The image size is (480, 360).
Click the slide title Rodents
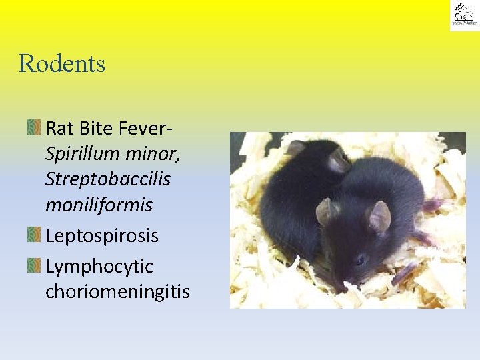[x=62, y=64]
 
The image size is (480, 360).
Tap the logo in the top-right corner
[x=463, y=15]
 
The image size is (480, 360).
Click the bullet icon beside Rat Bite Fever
[x=34, y=127]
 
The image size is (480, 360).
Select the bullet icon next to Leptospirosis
[x=34, y=235]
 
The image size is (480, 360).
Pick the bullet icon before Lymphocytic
[x=34, y=267]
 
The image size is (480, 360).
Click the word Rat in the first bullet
[x=59, y=127]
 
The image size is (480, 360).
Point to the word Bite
[x=95, y=127]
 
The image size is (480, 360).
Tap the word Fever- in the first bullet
[x=147, y=127]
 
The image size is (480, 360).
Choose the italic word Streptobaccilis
[x=108, y=179]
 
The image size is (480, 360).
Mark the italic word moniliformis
[x=99, y=205]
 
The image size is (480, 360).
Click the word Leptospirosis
[x=102, y=236]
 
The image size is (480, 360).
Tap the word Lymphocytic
[x=99, y=267]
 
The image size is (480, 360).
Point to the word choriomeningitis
[x=117, y=292]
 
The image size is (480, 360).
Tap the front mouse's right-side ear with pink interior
[x=379, y=217]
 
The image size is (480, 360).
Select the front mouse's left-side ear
[x=327, y=211]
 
